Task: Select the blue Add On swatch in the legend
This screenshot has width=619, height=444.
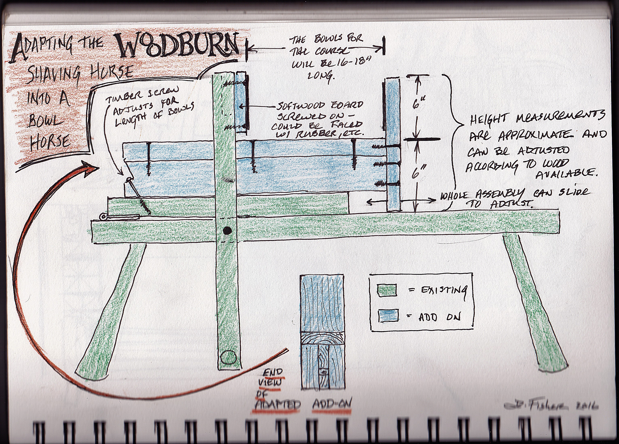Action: pyautogui.click(x=388, y=316)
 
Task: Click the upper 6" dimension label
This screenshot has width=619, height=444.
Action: pyautogui.click(x=417, y=104)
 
